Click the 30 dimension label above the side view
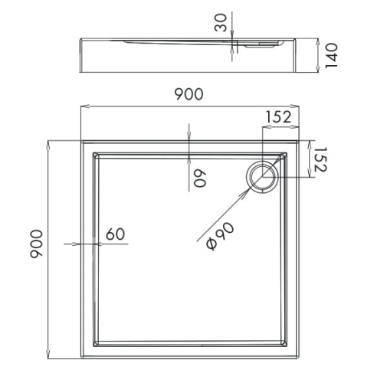point(221,23)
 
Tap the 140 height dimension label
point(331,56)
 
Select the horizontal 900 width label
point(189,94)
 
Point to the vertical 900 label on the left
point(36,244)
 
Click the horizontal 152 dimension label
point(278,117)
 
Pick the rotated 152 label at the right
point(320,159)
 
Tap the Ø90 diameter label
point(220,236)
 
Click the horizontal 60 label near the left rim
point(115,234)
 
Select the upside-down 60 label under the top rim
point(200,178)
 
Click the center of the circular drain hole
point(262,177)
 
